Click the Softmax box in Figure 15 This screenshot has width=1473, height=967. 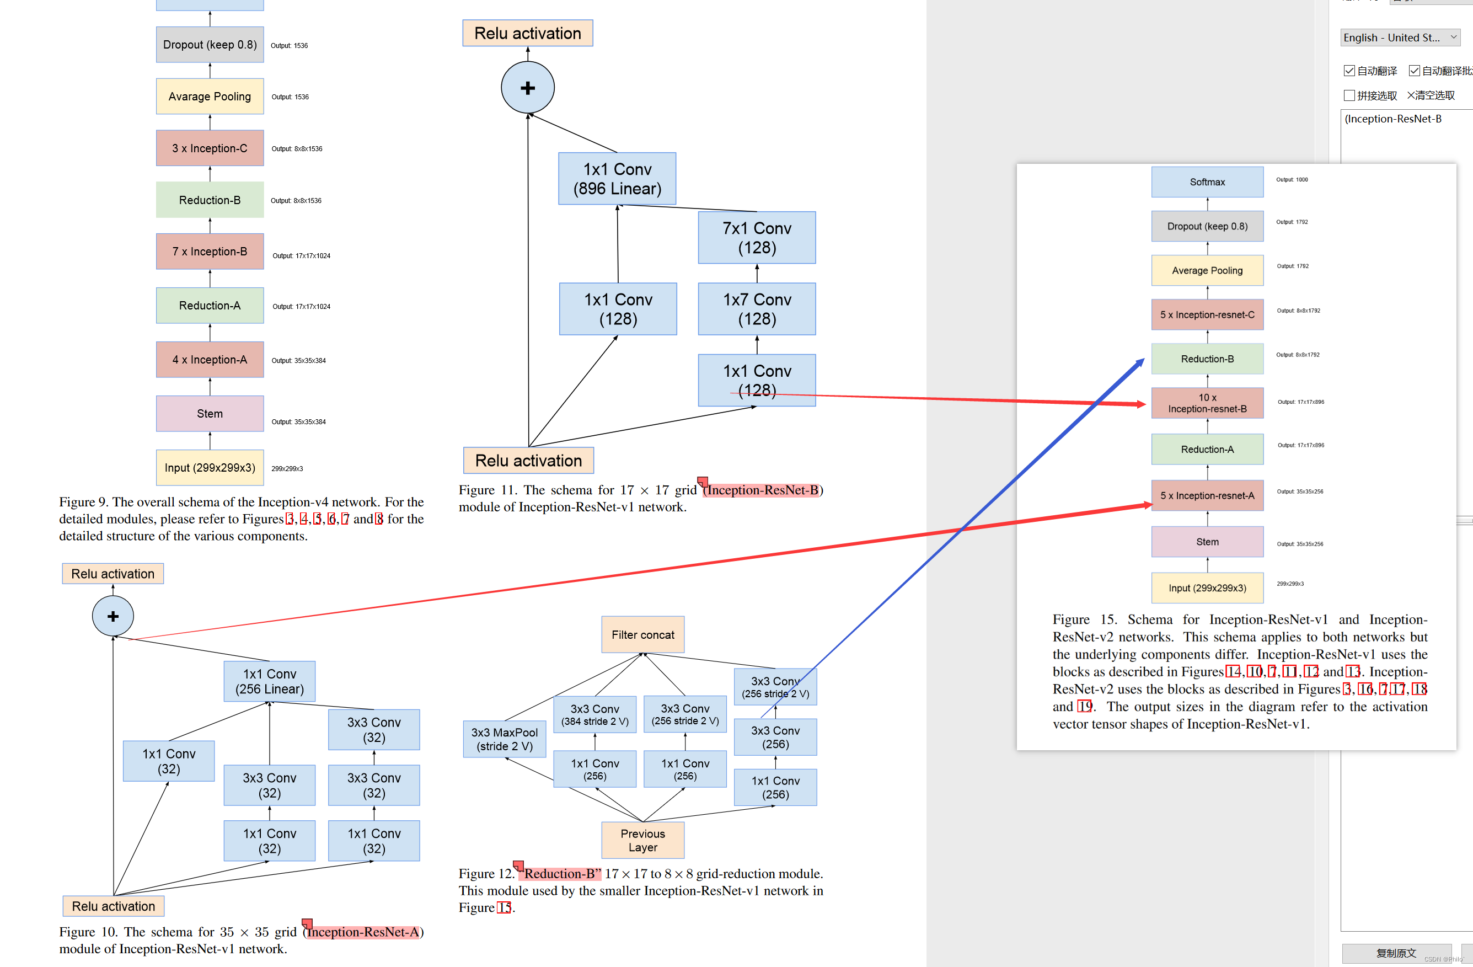click(1207, 182)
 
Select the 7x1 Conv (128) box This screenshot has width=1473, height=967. click(756, 238)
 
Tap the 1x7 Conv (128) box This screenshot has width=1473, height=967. click(756, 309)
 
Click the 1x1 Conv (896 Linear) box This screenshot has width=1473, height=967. click(617, 179)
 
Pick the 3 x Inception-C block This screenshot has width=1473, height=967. click(210, 148)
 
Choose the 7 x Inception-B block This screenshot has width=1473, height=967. click(210, 252)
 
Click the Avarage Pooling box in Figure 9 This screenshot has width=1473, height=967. click(210, 97)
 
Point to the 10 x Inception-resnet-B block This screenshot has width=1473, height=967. click(1207, 403)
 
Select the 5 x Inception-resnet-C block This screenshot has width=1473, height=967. click(1207, 314)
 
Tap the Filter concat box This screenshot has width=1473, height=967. click(642, 634)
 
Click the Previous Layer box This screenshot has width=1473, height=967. click(642, 840)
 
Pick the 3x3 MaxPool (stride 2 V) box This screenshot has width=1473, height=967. click(505, 739)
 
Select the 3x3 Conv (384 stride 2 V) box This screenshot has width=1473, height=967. click(595, 714)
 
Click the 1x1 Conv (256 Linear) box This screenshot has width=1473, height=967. click(269, 682)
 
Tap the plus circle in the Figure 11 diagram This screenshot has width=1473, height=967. click(527, 88)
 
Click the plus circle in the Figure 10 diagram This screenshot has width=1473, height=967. click(113, 616)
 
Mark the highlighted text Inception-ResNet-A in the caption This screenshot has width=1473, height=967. click(363, 932)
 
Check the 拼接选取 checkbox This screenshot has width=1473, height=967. click(1349, 95)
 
